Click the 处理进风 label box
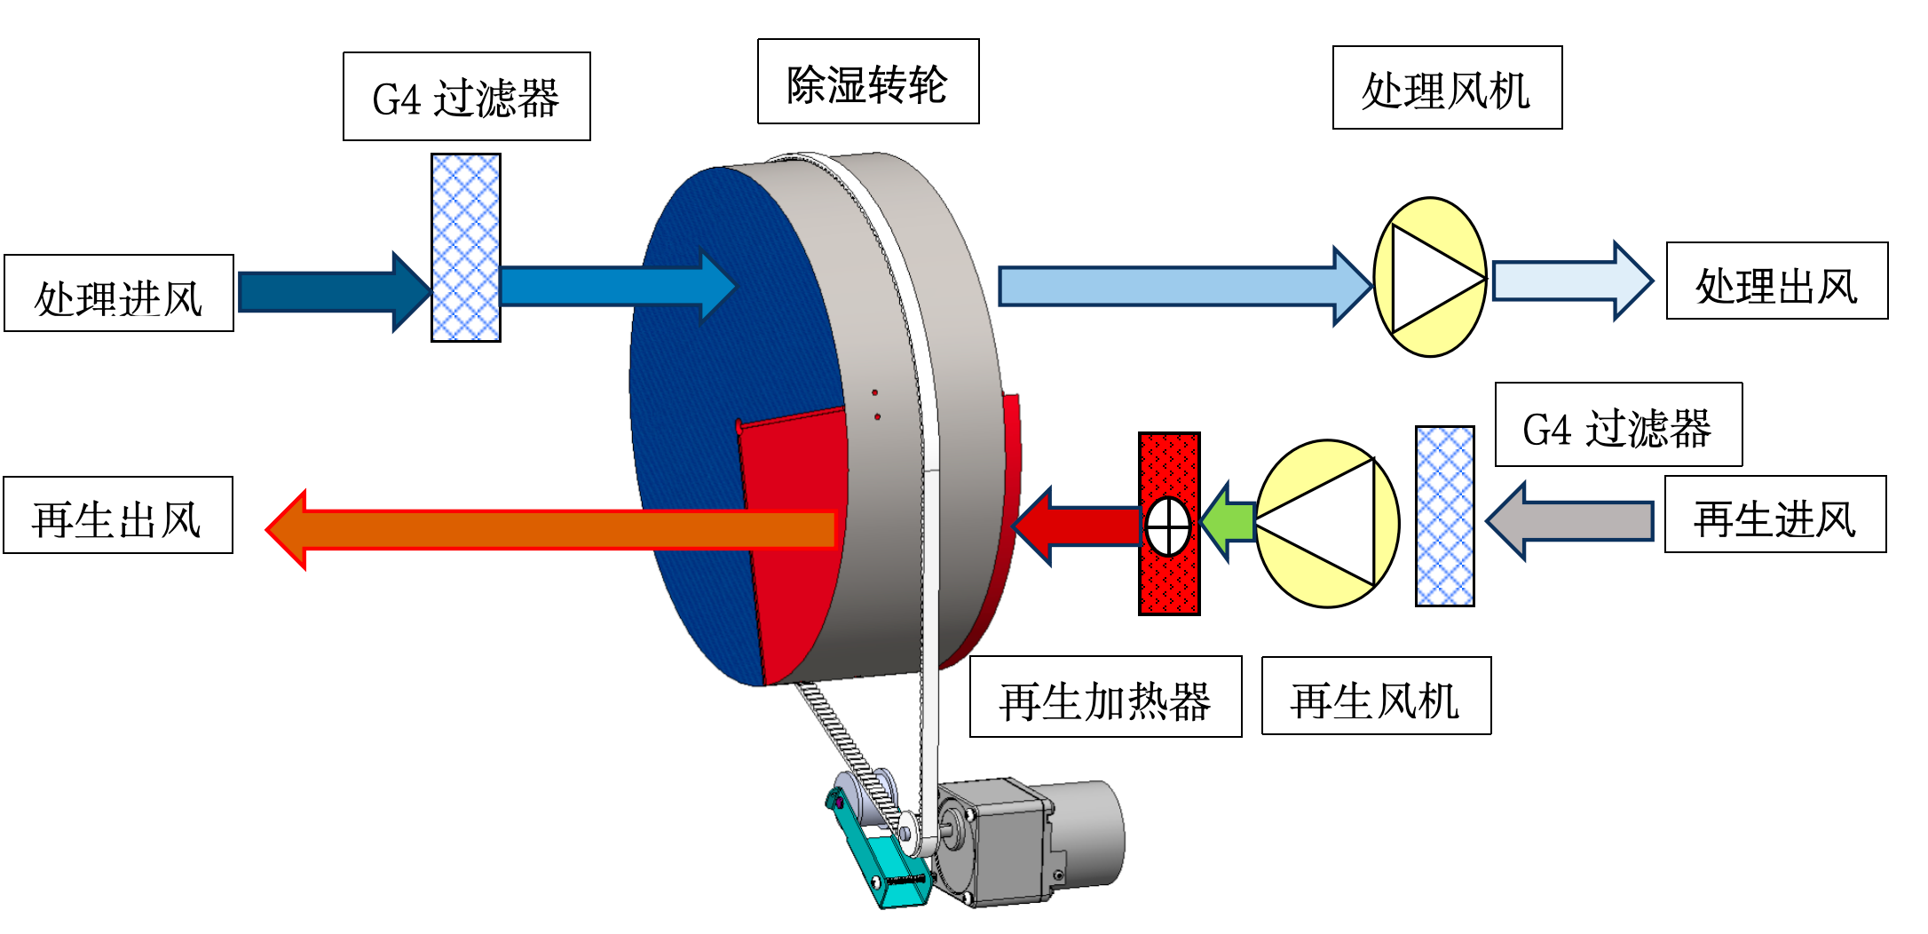point(119,294)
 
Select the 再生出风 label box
point(118,516)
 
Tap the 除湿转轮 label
point(868,82)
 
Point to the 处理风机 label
point(1447,88)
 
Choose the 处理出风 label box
point(1777,281)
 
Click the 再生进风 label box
point(1775,515)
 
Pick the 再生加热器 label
point(1105,698)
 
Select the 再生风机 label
point(1376,697)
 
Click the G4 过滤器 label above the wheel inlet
point(466,97)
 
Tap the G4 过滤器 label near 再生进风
point(1618,425)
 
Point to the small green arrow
point(1229,522)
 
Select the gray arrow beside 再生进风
point(1571,521)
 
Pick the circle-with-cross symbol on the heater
point(1168,526)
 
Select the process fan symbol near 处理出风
point(1430,277)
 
